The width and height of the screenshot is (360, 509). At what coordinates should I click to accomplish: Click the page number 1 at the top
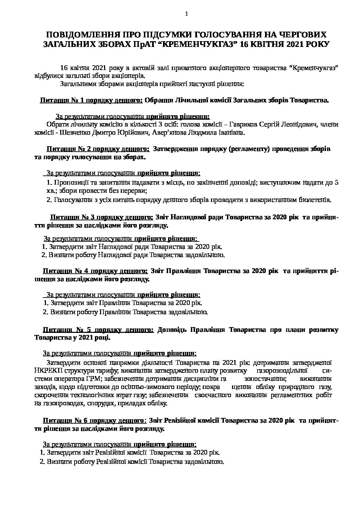point(186,14)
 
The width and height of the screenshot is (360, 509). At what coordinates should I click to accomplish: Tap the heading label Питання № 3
point(72,217)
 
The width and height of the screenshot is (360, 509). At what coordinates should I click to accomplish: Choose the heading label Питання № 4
point(65,271)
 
